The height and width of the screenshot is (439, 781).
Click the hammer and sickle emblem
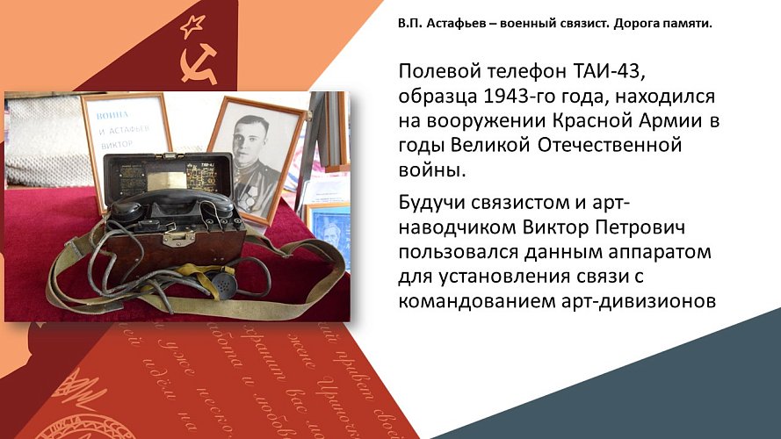pyautogui.click(x=199, y=63)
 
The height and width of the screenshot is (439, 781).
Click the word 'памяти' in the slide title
pyautogui.click(x=685, y=22)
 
